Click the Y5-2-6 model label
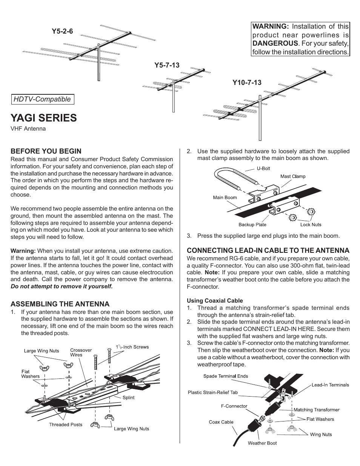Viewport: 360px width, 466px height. (x=63, y=32)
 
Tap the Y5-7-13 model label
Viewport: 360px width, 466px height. (x=167, y=65)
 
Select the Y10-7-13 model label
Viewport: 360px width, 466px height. (x=247, y=82)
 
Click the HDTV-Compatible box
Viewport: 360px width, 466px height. (x=42, y=99)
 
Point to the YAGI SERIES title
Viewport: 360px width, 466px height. (x=43, y=118)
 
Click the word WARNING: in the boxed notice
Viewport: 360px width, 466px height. (x=270, y=26)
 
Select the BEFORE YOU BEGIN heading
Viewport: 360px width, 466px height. (x=46, y=151)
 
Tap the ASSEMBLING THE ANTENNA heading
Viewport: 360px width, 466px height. (x=60, y=304)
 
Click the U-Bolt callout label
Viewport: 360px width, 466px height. (x=263, y=169)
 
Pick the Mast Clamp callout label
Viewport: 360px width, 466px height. (x=292, y=176)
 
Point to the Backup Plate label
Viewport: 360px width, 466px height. (x=252, y=225)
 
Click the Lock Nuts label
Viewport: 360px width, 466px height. (x=311, y=225)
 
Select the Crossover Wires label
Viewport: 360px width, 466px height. (x=81, y=352)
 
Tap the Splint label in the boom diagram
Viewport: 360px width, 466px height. (x=128, y=397)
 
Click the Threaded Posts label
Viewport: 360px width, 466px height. (x=65, y=424)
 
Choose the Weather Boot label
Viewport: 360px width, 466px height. (x=262, y=443)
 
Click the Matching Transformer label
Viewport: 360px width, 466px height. (x=316, y=409)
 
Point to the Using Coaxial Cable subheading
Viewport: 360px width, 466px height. (x=215, y=301)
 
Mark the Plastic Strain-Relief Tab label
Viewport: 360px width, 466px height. (x=213, y=392)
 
